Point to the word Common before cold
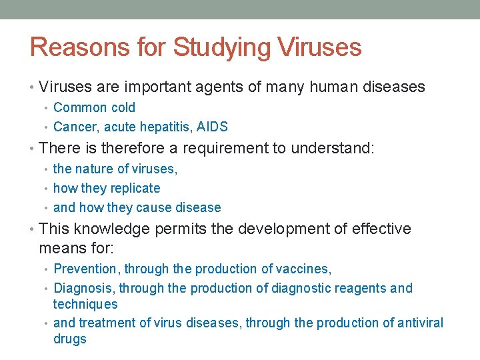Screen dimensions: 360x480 point(80,107)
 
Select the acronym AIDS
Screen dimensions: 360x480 point(213,127)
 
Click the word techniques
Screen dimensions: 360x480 point(85,304)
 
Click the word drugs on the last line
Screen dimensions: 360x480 point(70,339)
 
